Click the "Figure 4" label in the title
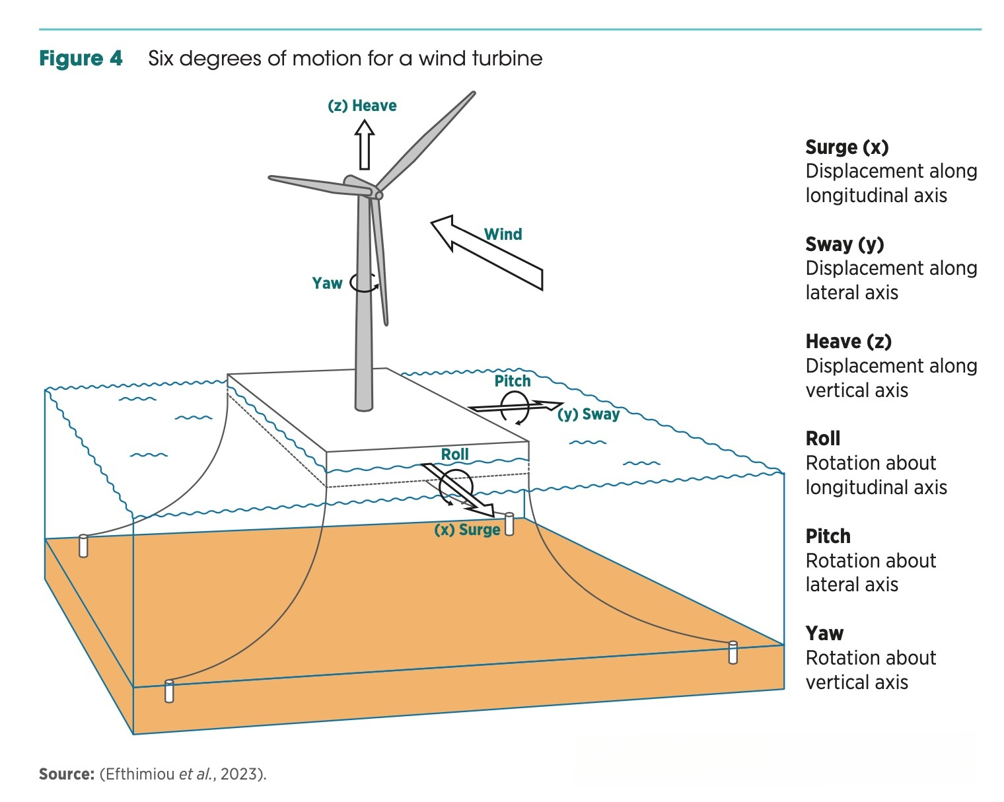tap(81, 59)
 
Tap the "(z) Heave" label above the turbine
tap(362, 106)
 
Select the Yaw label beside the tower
tap(327, 283)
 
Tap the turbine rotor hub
tap(378, 194)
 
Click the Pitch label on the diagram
tap(513, 381)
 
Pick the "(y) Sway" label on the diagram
tap(589, 414)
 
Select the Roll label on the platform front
tap(455, 455)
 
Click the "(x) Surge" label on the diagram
tap(467, 530)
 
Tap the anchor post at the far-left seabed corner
tap(83, 546)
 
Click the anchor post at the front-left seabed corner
tap(169, 690)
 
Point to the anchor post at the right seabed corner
tap(733, 652)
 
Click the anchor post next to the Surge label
tap(509, 524)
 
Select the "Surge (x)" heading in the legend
tap(847, 147)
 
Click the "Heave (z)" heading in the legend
tap(848, 342)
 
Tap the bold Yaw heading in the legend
tap(824, 634)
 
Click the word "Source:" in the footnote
tap(67, 774)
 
